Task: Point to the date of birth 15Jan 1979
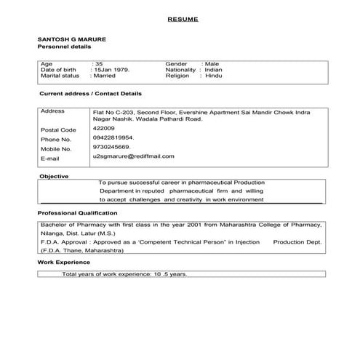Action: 111,69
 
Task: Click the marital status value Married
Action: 103,76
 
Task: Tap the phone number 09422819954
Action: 113,137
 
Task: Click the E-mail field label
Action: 50,158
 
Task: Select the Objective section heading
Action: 53,176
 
